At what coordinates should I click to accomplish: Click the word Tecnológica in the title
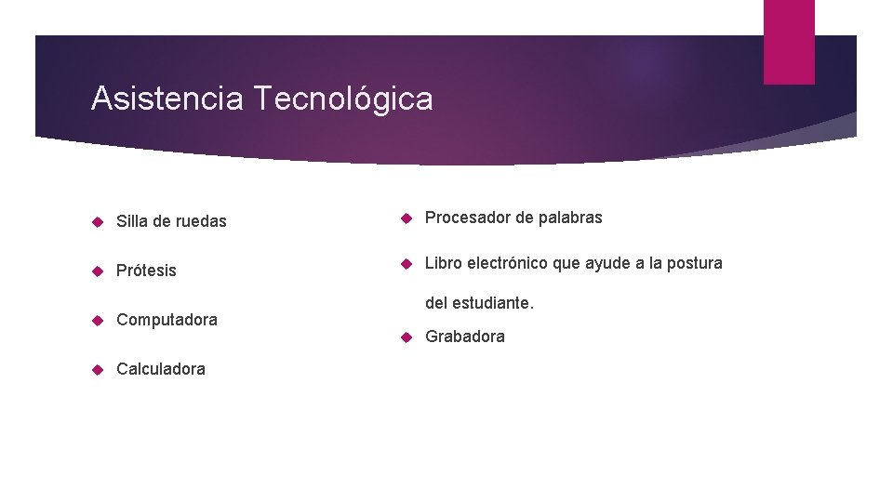343,98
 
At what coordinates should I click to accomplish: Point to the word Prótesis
146,271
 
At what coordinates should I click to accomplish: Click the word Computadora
167,320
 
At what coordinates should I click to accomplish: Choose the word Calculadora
161,369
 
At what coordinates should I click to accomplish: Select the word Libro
444,263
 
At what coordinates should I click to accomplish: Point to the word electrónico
508,263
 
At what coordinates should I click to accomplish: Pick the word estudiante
494,303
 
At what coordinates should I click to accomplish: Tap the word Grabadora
465,337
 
